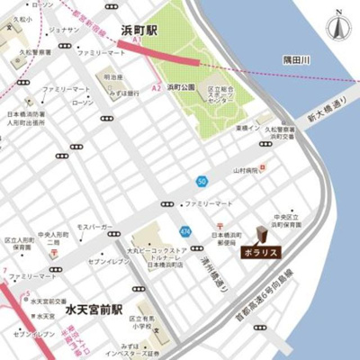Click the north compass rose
pos(337,26)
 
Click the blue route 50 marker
pos(203,181)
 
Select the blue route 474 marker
pos(184,230)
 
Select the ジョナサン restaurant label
pos(64,30)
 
